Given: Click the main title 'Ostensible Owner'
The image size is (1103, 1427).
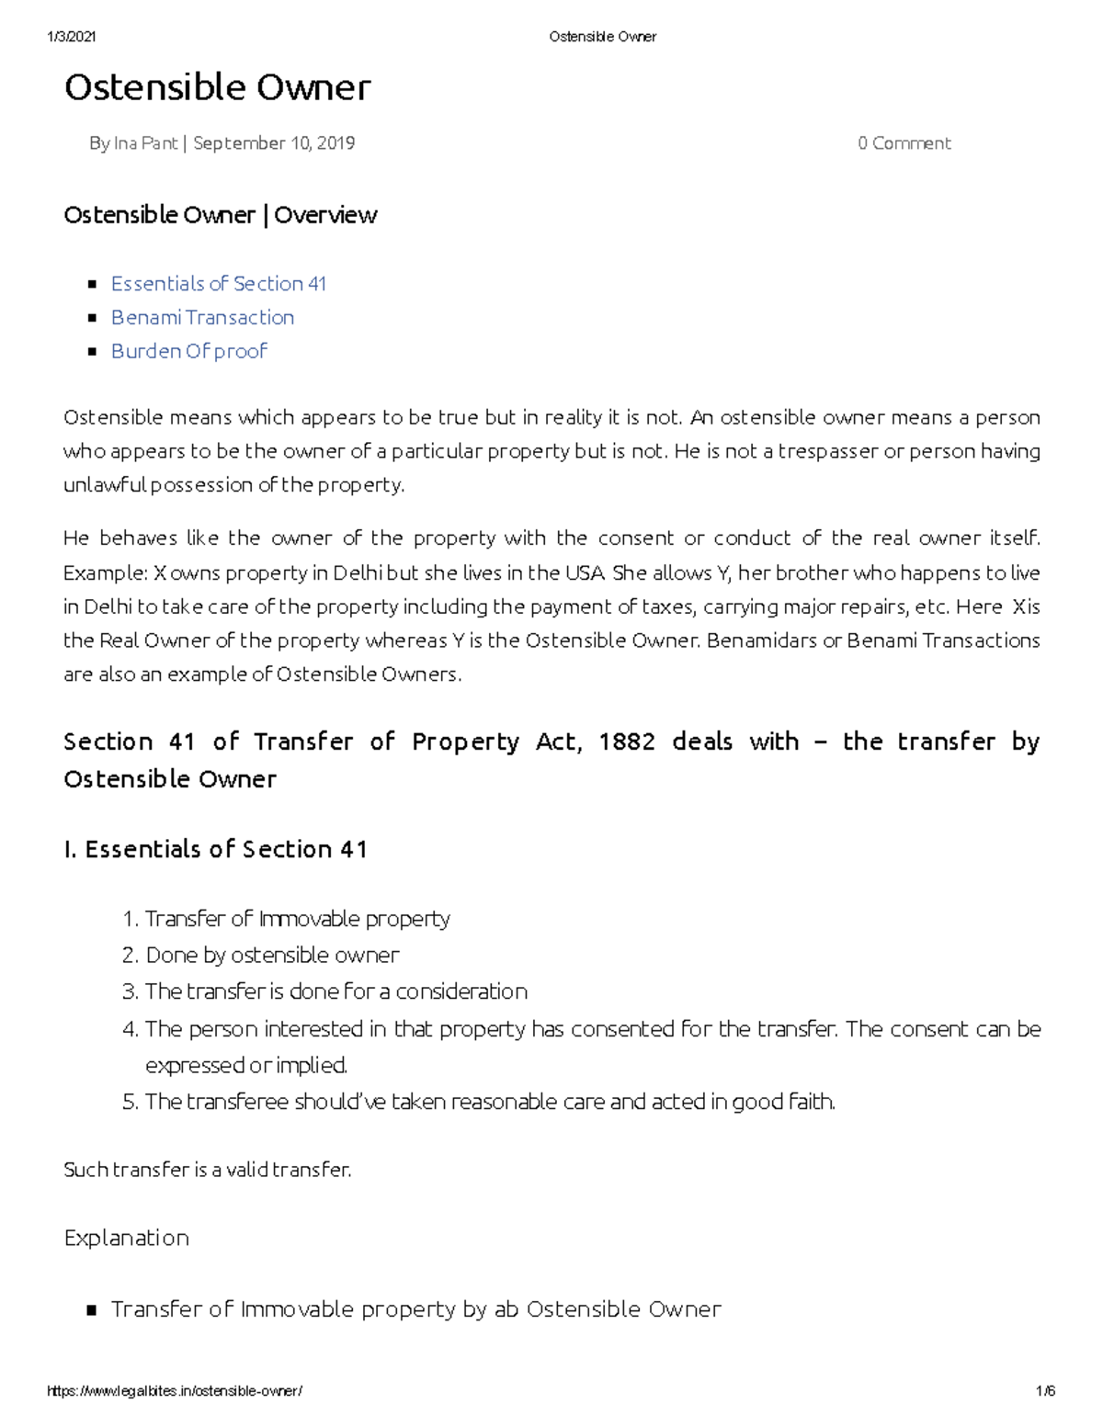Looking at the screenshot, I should point(217,88).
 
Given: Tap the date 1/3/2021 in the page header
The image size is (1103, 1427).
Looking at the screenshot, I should point(71,37).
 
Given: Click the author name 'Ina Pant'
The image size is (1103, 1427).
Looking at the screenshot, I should point(145,143).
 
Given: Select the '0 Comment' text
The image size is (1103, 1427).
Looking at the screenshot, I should point(904,143).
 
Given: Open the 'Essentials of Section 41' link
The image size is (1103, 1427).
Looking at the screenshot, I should point(218,284).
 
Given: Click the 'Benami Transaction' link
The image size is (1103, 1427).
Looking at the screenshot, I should point(202,318).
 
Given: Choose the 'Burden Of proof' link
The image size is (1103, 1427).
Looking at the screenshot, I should point(188,351).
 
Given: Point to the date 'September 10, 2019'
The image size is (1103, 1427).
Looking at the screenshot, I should point(274,143).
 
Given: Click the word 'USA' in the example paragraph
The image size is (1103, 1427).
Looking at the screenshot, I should point(585,573).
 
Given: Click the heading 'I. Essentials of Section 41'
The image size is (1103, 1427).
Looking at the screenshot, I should point(216,849).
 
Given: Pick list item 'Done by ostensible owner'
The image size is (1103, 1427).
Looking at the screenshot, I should point(272,956).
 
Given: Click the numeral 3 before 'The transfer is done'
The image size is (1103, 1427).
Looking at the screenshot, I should point(129,992).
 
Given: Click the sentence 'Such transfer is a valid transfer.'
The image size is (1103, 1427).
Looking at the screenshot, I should point(208,1170).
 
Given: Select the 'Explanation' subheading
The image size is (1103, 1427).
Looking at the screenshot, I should point(127,1238).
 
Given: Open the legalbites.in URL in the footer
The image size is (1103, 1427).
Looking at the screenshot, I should point(174,1391).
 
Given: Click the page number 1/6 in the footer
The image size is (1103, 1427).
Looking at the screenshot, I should point(1045,1391).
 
